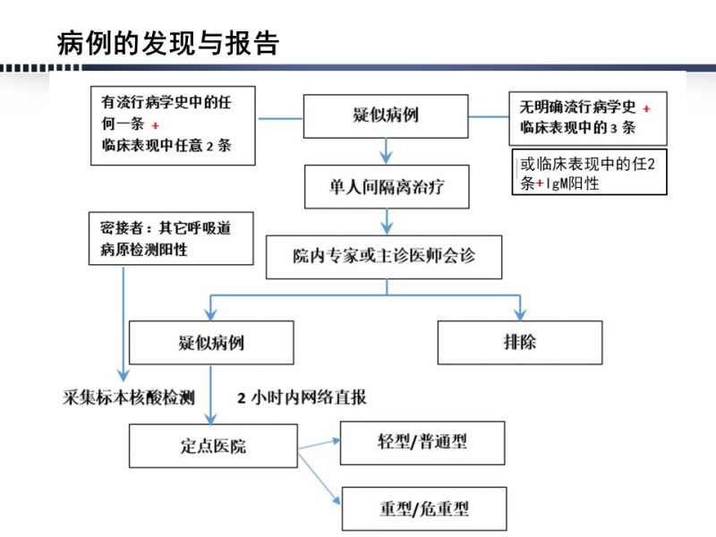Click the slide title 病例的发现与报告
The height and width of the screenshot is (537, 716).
click(168, 44)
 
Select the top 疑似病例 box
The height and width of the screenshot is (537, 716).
click(386, 116)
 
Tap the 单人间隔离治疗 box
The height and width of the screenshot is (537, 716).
click(387, 187)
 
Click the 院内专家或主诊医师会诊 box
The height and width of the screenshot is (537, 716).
click(384, 257)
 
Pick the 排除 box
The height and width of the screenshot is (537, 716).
click(520, 343)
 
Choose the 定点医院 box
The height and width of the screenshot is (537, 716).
click(213, 446)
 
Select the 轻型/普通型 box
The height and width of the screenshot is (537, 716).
click(422, 443)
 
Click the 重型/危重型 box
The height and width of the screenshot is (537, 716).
click(424, 508)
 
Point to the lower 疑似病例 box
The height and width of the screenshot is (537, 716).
click(211, 343)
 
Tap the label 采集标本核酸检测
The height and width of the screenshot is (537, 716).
click(129, 397)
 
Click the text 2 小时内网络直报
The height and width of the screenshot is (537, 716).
click(302, 397)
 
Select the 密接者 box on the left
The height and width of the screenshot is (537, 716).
click(171, 238)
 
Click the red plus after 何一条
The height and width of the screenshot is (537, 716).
click(155, 125)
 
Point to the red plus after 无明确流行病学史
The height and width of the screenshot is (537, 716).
click(646, 108)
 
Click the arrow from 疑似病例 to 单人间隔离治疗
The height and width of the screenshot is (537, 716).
click(387, 151)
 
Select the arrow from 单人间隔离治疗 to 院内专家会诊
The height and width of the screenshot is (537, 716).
click(388, 222)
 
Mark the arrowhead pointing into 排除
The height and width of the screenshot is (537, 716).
click(520, 314)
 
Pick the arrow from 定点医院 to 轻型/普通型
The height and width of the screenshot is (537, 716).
click(320, 444)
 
